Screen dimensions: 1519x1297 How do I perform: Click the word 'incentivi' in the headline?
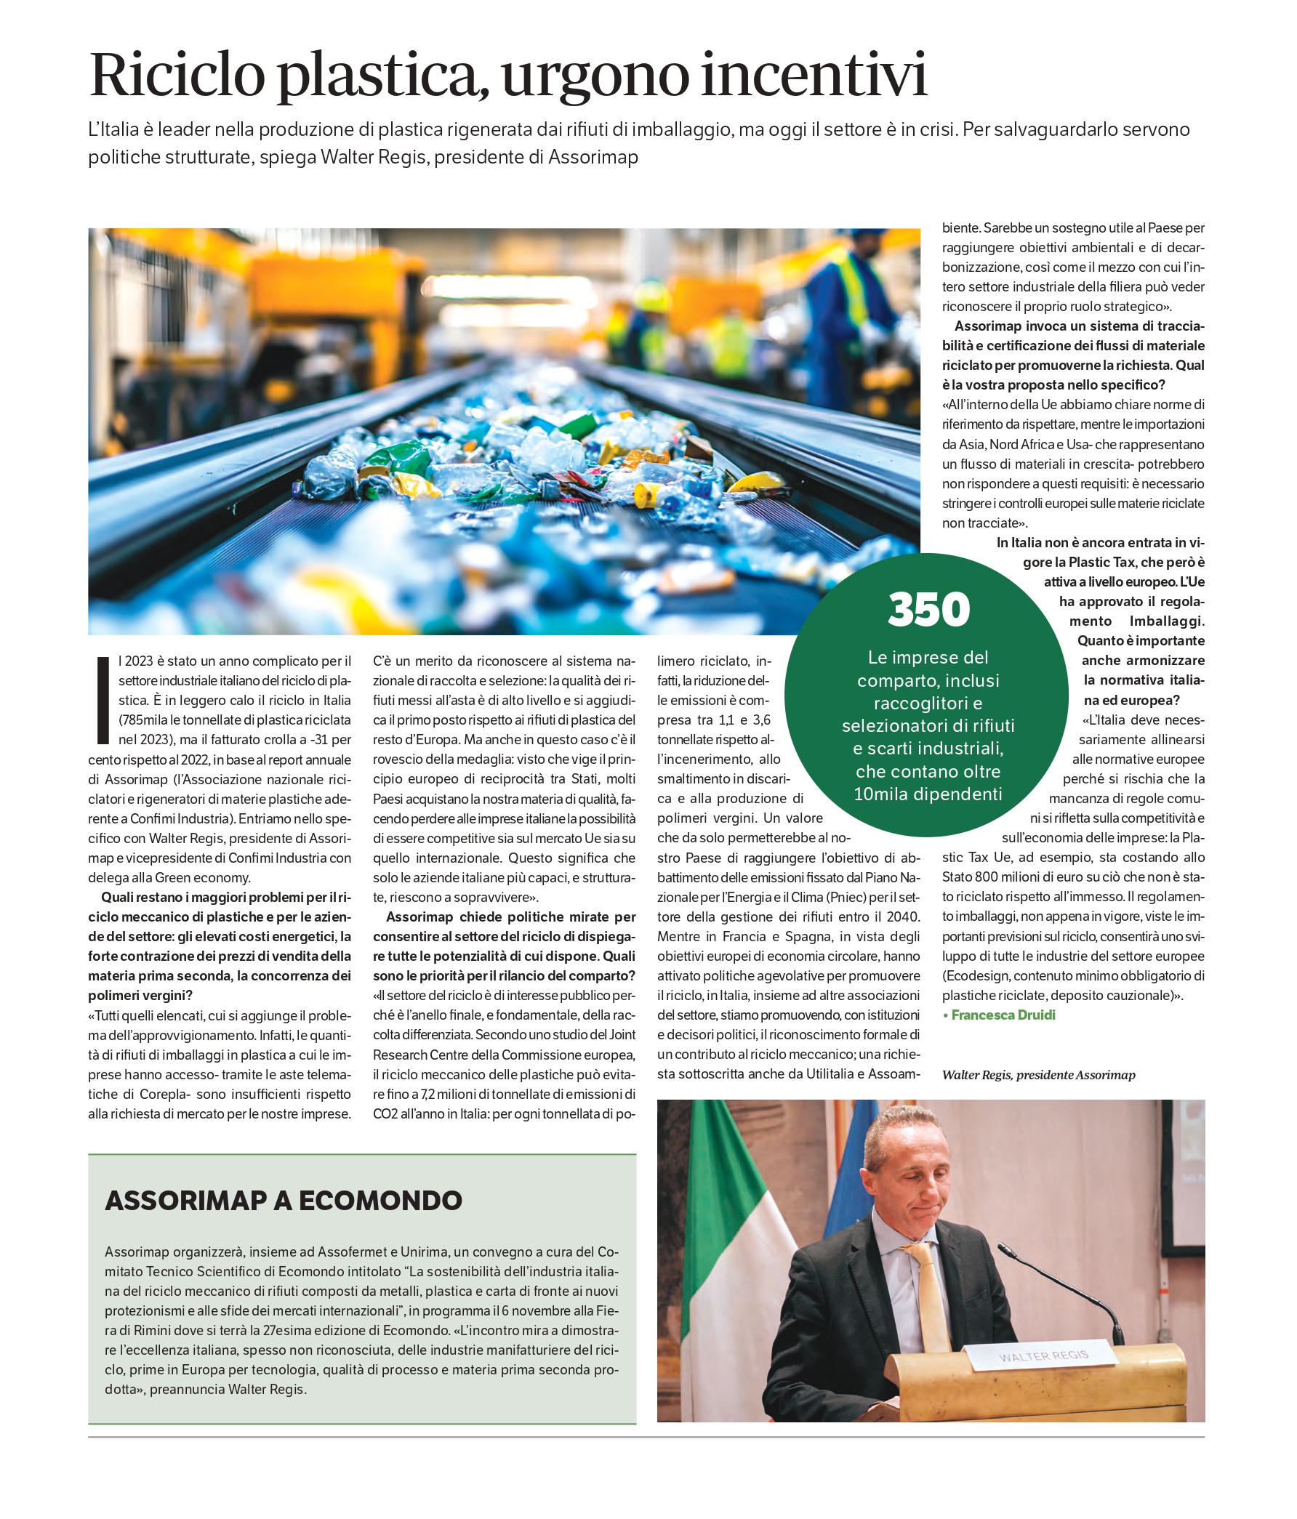(814, 75)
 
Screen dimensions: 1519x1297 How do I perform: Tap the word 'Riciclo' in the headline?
(177, 75)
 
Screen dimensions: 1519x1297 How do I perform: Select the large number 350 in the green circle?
(928, 610)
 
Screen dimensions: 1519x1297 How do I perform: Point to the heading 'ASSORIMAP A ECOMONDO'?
(284, 1200)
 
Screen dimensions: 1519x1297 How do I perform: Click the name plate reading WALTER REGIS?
(1043, 1355)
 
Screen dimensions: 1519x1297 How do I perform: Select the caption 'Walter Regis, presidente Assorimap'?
(1038, 1075)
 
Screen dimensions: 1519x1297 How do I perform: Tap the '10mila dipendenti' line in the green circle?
(928, 794)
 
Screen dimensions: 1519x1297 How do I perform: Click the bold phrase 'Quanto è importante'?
(1140, 641)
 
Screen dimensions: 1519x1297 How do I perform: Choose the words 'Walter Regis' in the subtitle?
(373, 157)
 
